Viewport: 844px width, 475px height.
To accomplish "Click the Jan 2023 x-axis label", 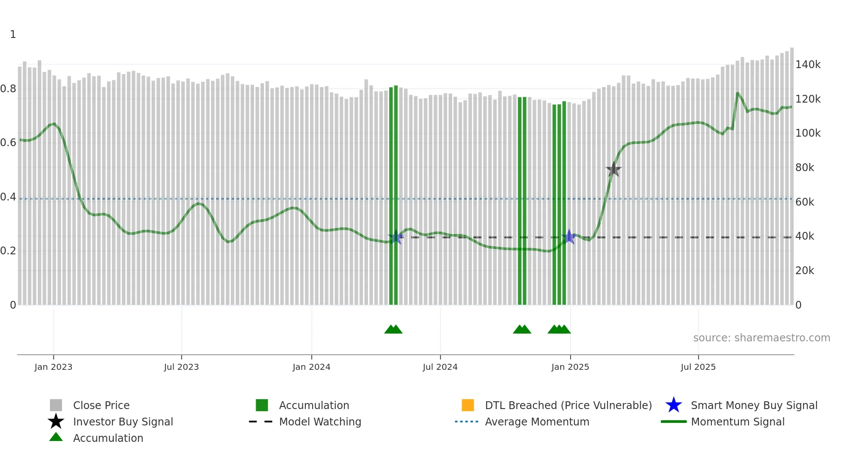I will tap(53, 367).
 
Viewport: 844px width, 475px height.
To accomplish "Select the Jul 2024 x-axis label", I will tap(440, 367).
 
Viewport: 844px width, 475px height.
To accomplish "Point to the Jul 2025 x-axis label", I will tap(698, 367).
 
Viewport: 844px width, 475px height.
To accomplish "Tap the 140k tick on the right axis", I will tap(808, 65).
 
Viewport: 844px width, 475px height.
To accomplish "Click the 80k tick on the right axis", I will tap(804, 168).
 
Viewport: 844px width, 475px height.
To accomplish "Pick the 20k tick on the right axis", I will tap(804, 271).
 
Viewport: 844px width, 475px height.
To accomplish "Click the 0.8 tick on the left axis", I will tap(8, 89).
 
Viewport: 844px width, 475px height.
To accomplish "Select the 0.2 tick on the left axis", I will tap(8, 251).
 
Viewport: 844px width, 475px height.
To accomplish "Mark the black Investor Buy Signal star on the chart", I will tap(613, 169).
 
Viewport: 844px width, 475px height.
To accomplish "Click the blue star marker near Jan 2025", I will tap(569, 237).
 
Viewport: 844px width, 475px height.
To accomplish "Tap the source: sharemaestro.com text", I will tap(761, 338).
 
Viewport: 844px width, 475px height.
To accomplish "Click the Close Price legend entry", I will tap(101, 405).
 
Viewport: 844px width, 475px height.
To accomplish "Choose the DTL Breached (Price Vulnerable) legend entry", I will tap(568, 405).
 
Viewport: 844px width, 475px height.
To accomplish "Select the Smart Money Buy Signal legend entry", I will tap(754, 405).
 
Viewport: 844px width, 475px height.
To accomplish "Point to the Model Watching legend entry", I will tap(320, 422).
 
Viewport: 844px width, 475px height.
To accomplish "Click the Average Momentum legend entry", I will tap(537, 422).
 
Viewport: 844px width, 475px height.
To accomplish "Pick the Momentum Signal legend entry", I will tap(738, 422).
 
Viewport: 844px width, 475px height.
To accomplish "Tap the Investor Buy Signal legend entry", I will tap(123, 422).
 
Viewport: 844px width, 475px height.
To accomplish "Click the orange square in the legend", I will tap(468, 405).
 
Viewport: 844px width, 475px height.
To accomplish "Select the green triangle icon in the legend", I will tap(56, 437).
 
